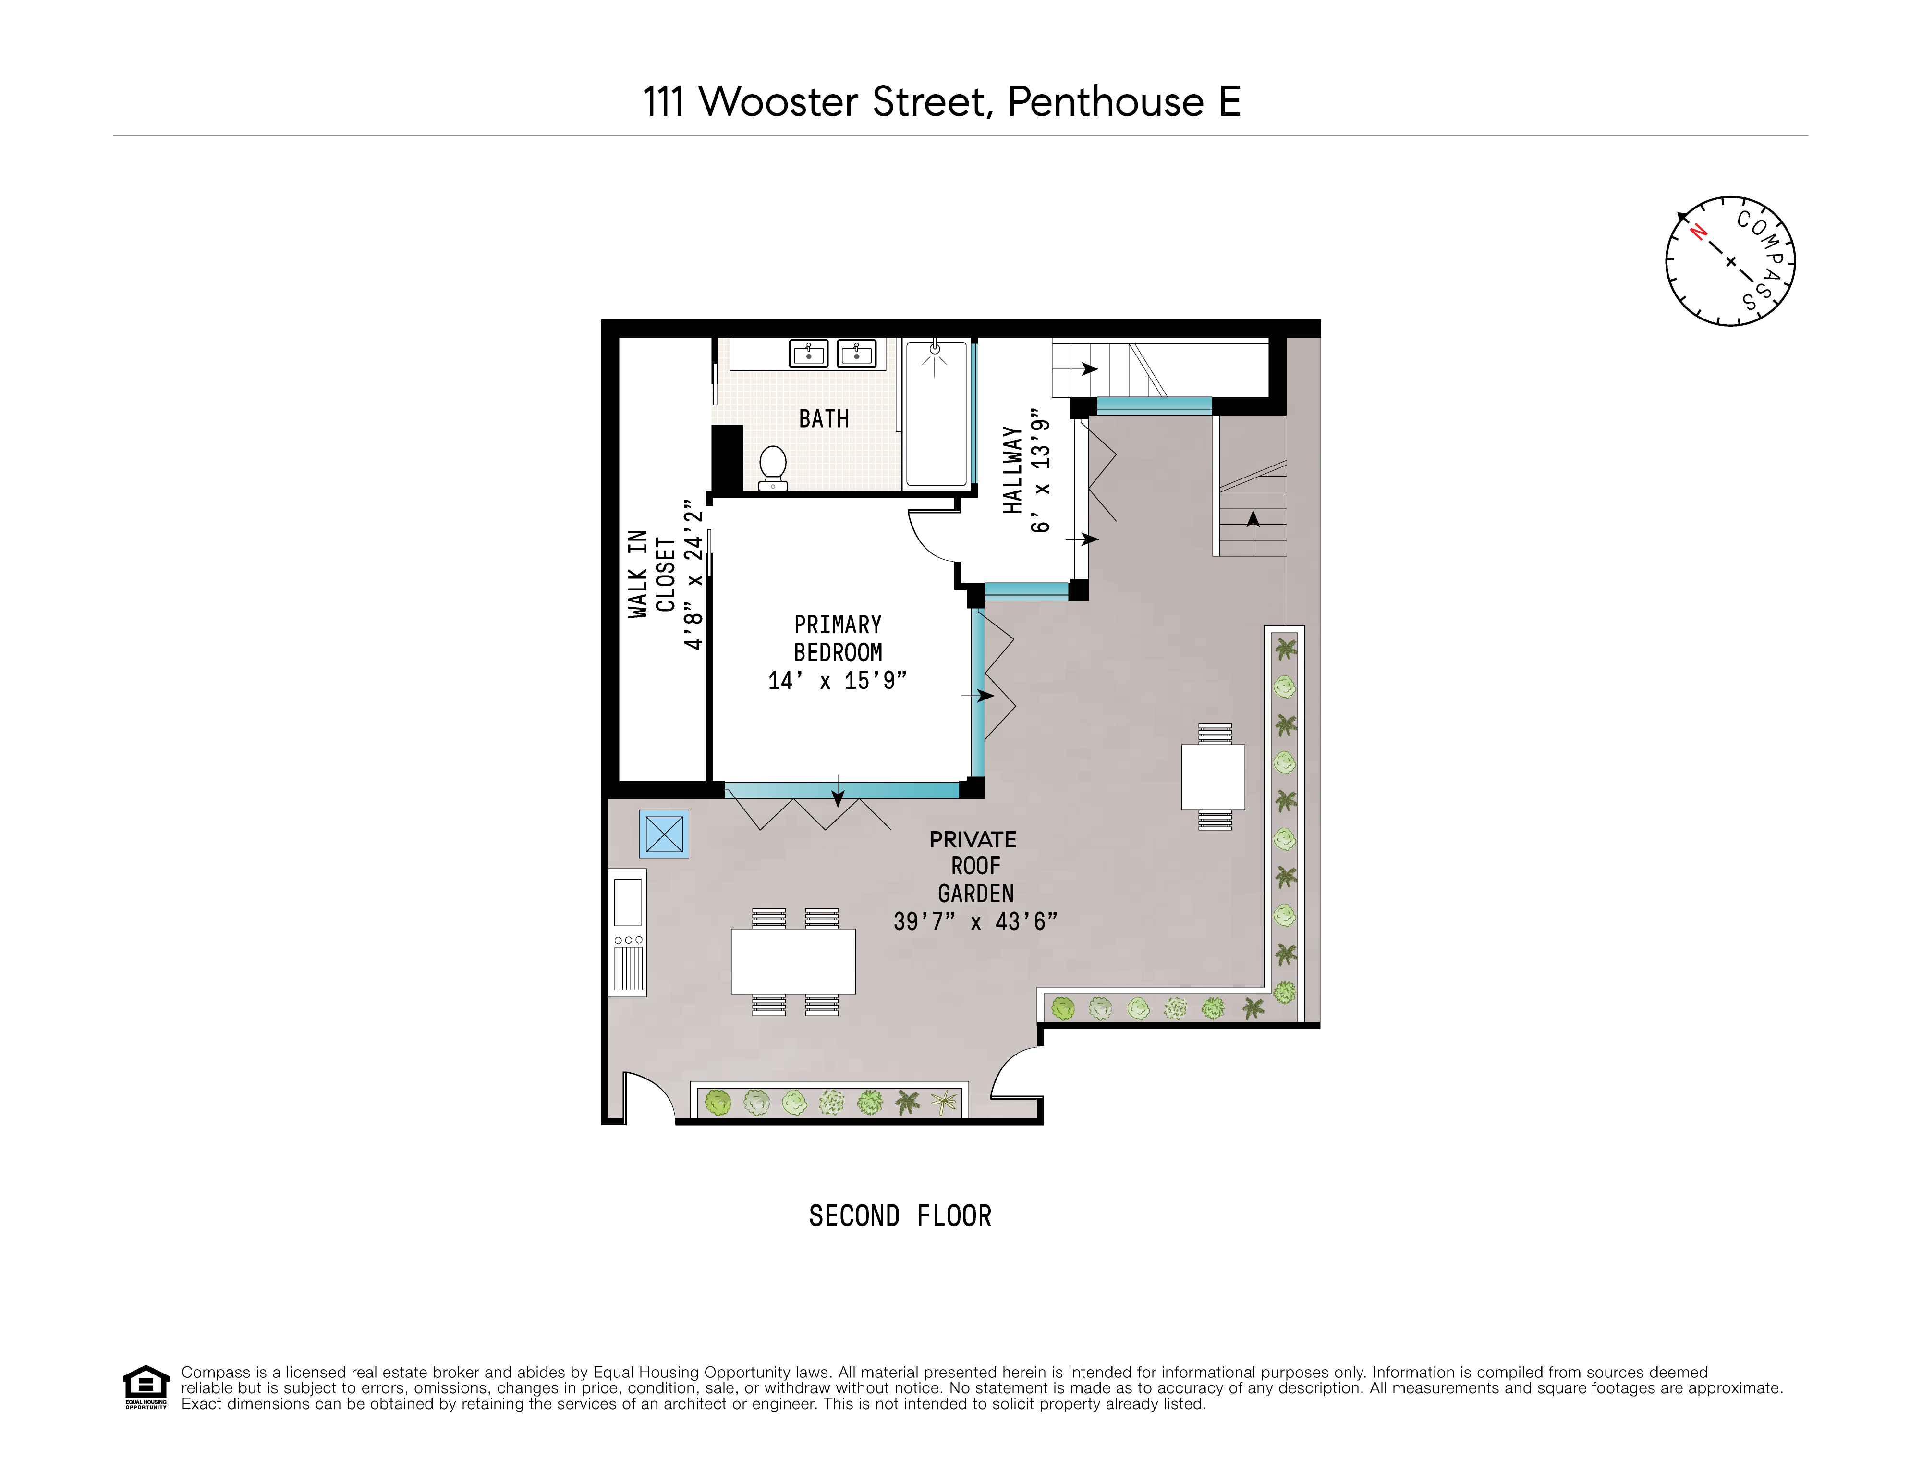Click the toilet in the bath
point(773,466)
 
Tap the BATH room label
point(824,419)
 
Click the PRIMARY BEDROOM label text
point(838,638)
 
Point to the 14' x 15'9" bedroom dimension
point(837,680)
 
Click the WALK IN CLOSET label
point(651,574)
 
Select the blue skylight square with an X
point(664,834)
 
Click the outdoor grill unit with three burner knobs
point(628,933)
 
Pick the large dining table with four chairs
point(793,961)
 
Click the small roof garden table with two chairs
point(1213,776)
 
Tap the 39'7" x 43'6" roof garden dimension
point(975,921)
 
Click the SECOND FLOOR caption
point(900,1216)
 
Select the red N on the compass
point(1699,233)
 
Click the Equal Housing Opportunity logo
point(145,1387)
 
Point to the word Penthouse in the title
point(1105,102)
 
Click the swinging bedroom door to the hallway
point(931,537)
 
